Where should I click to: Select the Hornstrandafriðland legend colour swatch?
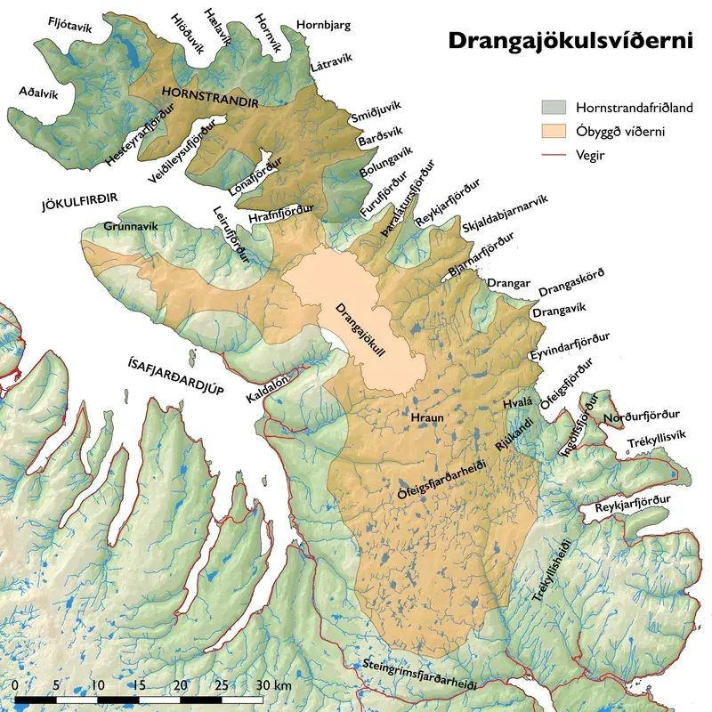pos(553,107)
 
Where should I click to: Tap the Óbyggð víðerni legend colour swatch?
pos(553,132)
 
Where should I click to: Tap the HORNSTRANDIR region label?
pos(210,97)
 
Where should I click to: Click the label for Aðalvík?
pos(39,93)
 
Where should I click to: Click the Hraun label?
pos(428,417)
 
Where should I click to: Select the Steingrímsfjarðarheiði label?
pos(419,676)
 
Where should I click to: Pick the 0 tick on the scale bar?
pos(17,685)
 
